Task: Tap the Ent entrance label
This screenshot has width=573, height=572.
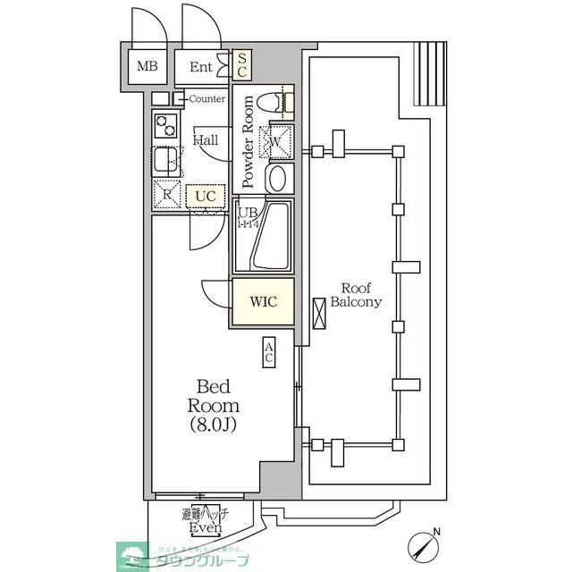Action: point(200,66)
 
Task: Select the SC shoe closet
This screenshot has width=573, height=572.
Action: point(241,65)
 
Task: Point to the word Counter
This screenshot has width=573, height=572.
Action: point(206,98)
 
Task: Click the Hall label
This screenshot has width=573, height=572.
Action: point(206,140)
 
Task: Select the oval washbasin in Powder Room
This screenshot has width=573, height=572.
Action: point(277,177)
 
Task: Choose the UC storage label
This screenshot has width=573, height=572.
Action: point(206,194)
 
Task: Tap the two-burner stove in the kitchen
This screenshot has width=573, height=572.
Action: point(164,126)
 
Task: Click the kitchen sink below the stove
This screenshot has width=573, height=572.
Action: point(164,161)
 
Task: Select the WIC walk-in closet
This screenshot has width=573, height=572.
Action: point(263,302)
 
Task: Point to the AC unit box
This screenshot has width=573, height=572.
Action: point(268,353)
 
